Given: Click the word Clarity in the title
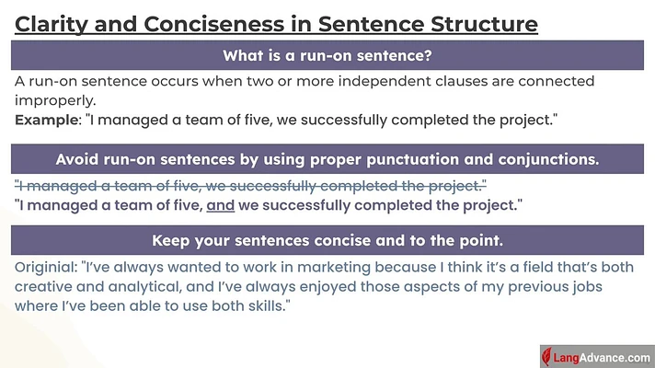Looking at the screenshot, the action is [51, 24].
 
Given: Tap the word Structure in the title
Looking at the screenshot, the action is [484, 23].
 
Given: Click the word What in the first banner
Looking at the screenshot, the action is [238, 55].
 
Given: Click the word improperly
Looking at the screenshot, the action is [55, 100].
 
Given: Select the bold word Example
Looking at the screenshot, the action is [46, 120].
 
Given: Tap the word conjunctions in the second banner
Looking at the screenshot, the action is [548, 159].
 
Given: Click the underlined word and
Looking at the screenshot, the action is [221, 205].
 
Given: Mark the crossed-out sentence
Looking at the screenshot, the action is [250, 186].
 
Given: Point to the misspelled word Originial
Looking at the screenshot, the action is [46, 267].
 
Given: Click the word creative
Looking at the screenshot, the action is [40, 286].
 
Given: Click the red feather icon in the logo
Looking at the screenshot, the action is [546, 357].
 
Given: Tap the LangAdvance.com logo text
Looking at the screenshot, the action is [602, 358].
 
